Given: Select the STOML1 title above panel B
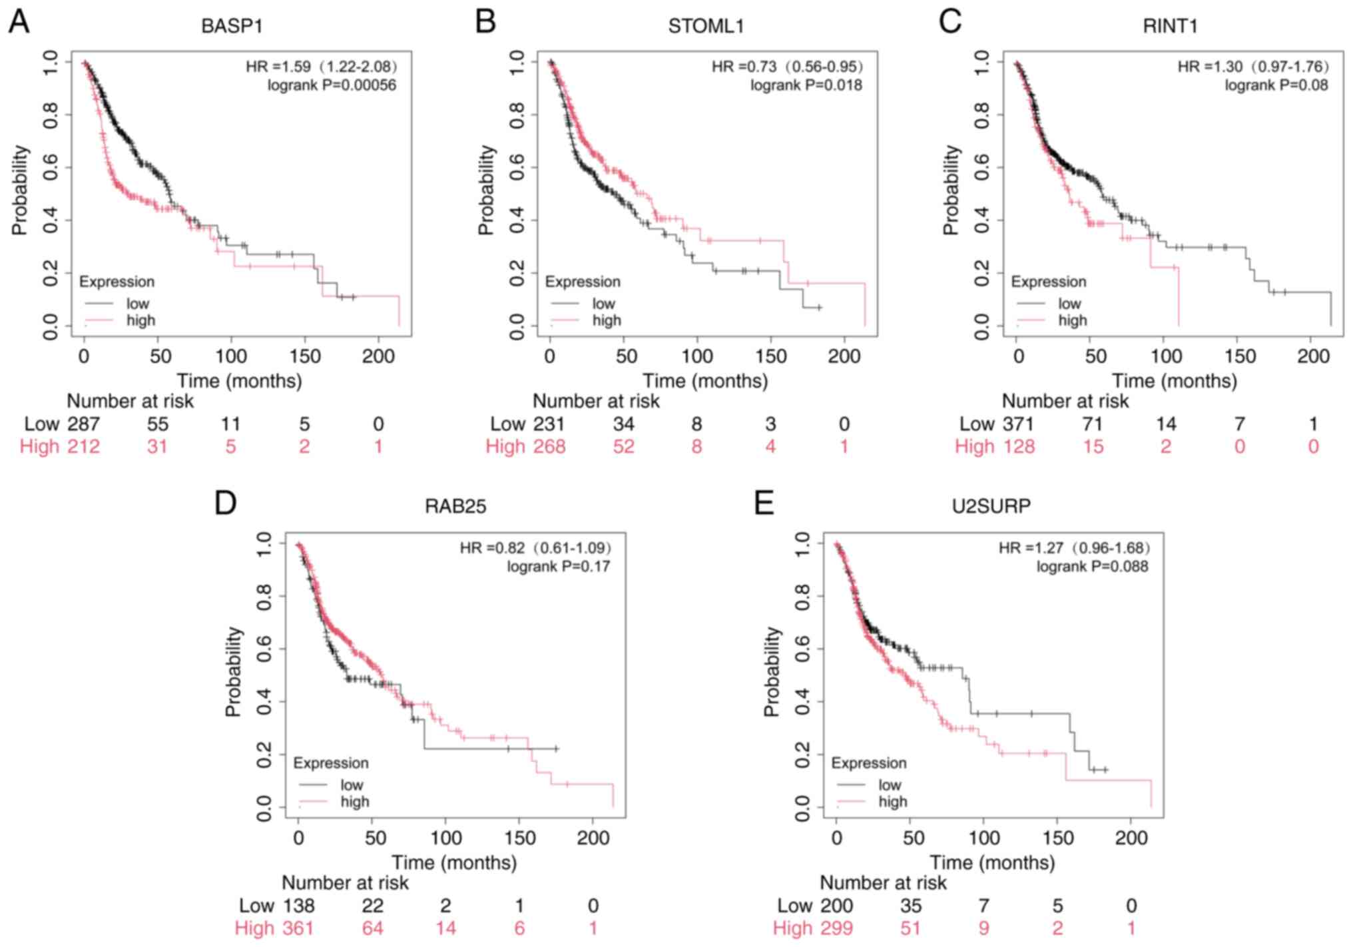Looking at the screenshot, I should pyautogui.click(x=706, y=26).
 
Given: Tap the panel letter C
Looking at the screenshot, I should pyautogui.click(x=950, y=21).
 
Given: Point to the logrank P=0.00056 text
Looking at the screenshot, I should pyautogui.click(x=332, y=85).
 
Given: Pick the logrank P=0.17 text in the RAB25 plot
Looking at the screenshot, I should pyautogui.click(x=558, y=567).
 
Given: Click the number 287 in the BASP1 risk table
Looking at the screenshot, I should pyautogui.click(x=83, y=424).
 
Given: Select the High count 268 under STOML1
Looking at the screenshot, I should pyautogui.click(x=549, y=447).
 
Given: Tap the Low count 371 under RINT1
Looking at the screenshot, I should pyautogui.click(x=1018, y=424).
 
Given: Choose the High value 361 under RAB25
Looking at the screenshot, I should pyautogui.click(x=297, y=928).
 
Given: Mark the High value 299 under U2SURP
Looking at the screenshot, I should pyautogui.click(x=836, y=928).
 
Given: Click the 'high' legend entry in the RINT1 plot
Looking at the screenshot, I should pyautogui.click(x=1072, y=321).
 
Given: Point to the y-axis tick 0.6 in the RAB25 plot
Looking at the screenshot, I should pyautogui.click(x=264, y=649).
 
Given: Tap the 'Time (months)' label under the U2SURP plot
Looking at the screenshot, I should pyautogui.click(x=992, y=863).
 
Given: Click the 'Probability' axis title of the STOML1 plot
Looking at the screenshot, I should pyautogui.click(x=487, y=190).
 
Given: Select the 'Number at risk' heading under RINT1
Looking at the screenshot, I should pyautogui.click(x=1065, y=402).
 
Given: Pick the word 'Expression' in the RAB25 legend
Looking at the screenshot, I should pyautogui.click(x=330, y=763).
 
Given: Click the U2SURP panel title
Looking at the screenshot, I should pyautogui.click(x=991, y=507).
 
